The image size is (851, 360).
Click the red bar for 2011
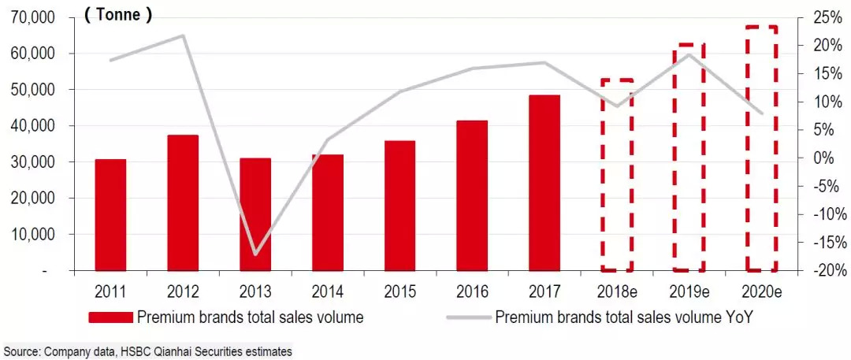point(110,214)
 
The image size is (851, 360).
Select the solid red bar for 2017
point(544,183)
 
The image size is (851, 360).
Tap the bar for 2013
point(255,214)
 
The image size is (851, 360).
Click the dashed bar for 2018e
point(617,174)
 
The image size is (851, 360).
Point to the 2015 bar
point(400,206)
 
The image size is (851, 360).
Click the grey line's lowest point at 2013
point(255,254)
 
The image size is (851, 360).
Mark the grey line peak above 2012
point(183,35)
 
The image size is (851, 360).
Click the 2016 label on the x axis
point(472,291)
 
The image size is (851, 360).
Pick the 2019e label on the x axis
point(689,291)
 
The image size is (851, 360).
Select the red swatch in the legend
point(110,318)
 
